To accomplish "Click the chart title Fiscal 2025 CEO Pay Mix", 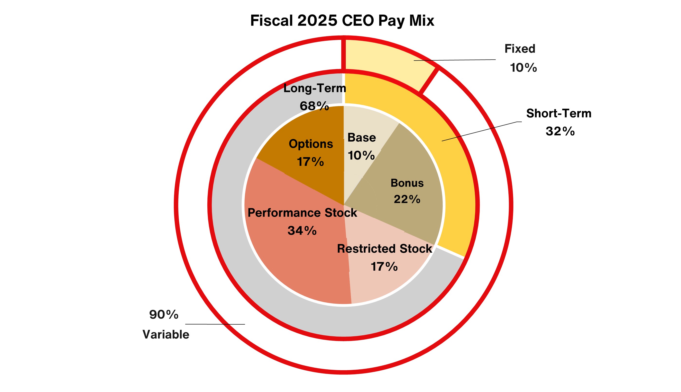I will tap(342, 20).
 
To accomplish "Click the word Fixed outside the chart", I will tap(520, 49).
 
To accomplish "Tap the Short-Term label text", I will tap(559, 113).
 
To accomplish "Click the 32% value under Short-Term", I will tap(560, 131).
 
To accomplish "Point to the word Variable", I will tap(166, 334).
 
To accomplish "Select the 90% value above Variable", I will tap(164, 314).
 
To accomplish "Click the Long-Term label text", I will tap(315, 88).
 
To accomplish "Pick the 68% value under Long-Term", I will tap(314, 106).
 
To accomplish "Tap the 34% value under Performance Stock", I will tap(302, 231).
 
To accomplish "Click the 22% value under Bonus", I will tap(407, 199).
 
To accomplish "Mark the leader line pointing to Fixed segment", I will tap(455, 60).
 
